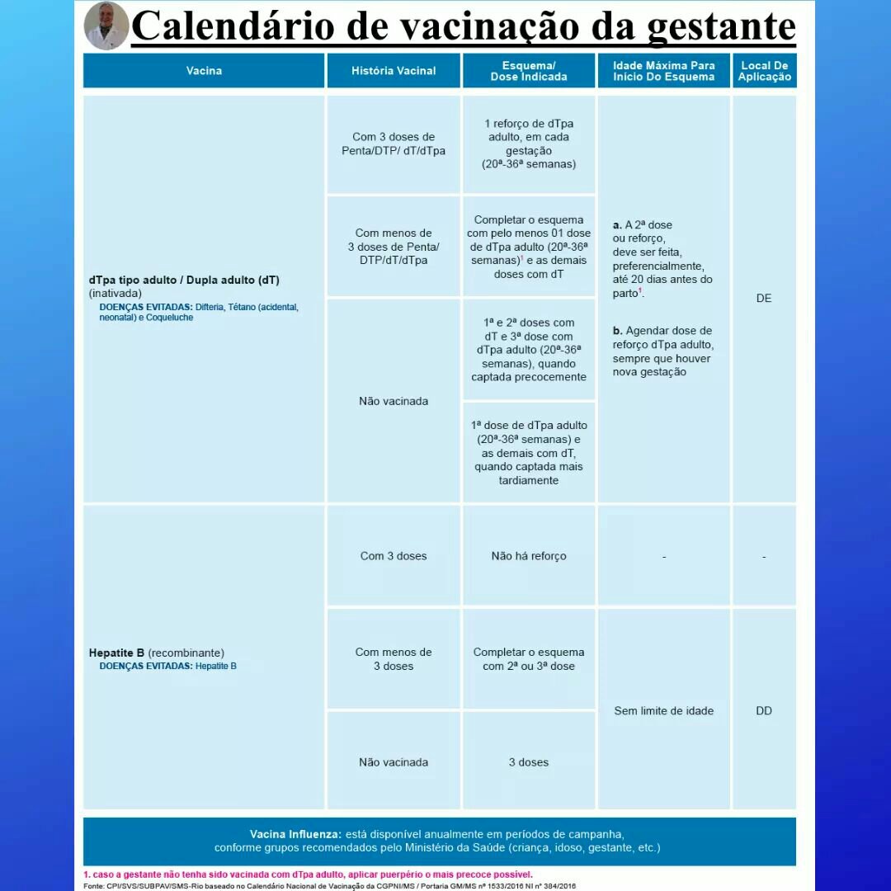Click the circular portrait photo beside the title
tap(106, 26)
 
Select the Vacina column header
tap(204, 71)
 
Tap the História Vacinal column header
tap(394, 71)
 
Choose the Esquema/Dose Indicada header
tap(529, 71)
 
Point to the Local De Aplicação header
tap(764, 71)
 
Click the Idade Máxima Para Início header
tap(664, 71)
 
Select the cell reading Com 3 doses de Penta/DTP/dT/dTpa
tap(394, 144)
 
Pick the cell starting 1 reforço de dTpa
tap(529, 144)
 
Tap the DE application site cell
tap(764, 298)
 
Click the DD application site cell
tap(764, 710)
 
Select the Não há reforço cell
tap(529, 556)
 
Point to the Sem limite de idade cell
tap(664, 710)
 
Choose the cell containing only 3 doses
tap(529, 762)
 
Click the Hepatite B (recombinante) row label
tap(157, 653)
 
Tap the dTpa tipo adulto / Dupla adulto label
tap(184, 280)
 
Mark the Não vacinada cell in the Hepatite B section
tap(394, 762)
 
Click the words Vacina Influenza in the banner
tap(295, 834)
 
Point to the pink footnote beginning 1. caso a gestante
tap(308, 874)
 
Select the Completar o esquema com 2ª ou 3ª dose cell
tap(529, 658)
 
